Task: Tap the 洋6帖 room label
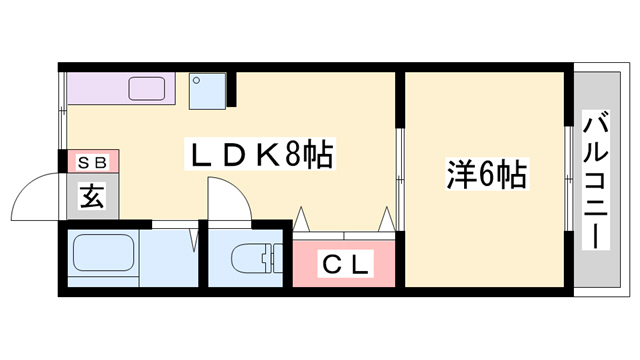486,176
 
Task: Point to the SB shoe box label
91,161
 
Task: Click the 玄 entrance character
91,197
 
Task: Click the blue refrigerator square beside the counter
208,91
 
